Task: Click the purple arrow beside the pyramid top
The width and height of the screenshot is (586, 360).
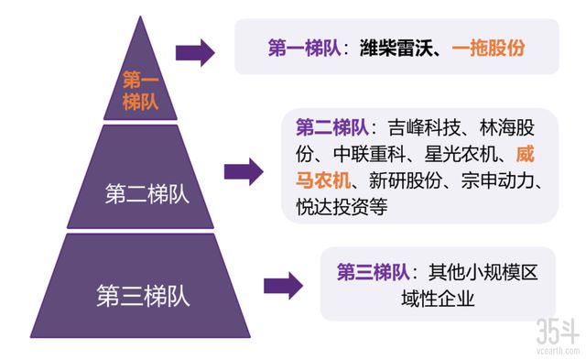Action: point(195,51)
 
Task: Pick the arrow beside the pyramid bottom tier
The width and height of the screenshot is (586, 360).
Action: point(283,285)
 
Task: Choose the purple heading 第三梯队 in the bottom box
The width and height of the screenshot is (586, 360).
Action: point(373,273)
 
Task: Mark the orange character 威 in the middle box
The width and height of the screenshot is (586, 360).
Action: point(526,153)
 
